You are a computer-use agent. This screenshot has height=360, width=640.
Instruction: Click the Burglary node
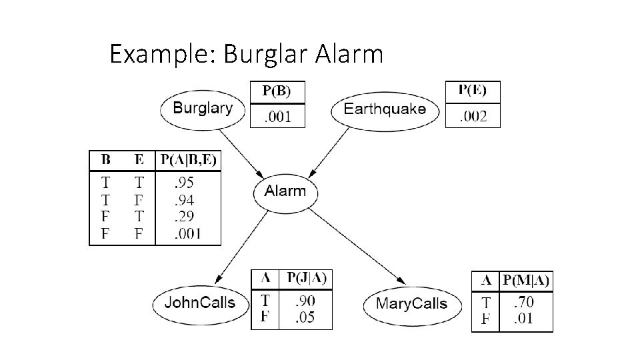[202, 109]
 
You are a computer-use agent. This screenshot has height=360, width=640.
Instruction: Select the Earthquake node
[385, 109]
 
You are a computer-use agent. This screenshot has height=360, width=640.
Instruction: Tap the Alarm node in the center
[285, 192]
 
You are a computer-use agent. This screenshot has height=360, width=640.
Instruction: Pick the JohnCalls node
[199, 303]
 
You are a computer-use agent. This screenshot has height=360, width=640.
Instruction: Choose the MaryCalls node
[411, 305]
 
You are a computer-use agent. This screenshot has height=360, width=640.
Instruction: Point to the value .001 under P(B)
[277, 117]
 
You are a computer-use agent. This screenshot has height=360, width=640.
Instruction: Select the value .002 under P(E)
[473, 117]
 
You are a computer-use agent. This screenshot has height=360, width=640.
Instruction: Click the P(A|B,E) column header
[188, 161]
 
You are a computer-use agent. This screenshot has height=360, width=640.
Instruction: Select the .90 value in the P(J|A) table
[306, 300]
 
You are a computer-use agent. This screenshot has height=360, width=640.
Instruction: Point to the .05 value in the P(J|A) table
[306, 317]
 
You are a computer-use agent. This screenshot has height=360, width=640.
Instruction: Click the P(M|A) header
[526, 281]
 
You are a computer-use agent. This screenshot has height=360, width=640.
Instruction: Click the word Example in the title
[158, 54]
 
